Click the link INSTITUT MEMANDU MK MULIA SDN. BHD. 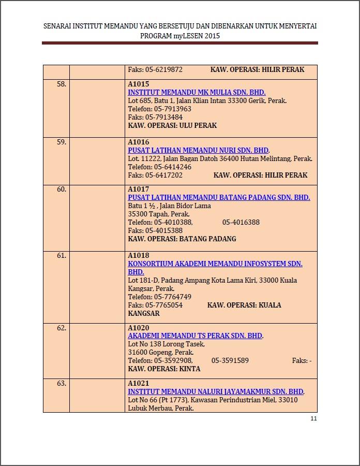tap(196, 92)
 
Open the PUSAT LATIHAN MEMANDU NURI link tap(198, 150)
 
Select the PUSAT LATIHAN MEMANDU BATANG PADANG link tap(219, 197)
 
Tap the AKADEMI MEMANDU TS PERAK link tap(195, 336)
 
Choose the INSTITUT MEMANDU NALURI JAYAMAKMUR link tap(216, 391)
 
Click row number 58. tap(62, 84)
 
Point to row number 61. tap(62, 256)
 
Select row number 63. tap(62, 384)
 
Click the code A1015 tap(138, 84)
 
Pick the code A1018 tap(138, 256)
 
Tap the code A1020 tap(138, 328)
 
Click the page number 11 tap(313, 419)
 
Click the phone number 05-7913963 tap(172, 109)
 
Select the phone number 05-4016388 tap(241, 222)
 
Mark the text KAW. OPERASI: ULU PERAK tap(172, 125)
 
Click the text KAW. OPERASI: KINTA tap(164, 369)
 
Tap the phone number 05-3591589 tap(230, 360)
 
